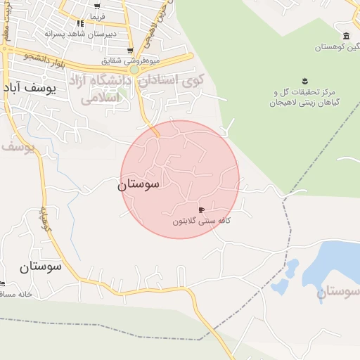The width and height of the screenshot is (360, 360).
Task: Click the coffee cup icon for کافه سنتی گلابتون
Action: [x=202, y=210]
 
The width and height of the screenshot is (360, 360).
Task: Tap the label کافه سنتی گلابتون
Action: [x=202, y=221]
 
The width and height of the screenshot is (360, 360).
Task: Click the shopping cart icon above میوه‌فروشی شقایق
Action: [x=130, y=50]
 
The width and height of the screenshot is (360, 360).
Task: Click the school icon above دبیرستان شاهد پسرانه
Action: [x=80, y=23]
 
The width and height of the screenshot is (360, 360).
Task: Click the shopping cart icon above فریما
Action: [x=96, y=5]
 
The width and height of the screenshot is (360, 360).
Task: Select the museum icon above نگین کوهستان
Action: [x=345, y=36]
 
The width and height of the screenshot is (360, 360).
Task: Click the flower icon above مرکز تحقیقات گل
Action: [x=305, y=80]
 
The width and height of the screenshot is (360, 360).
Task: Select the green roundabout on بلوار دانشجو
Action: [x=134, y=70]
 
